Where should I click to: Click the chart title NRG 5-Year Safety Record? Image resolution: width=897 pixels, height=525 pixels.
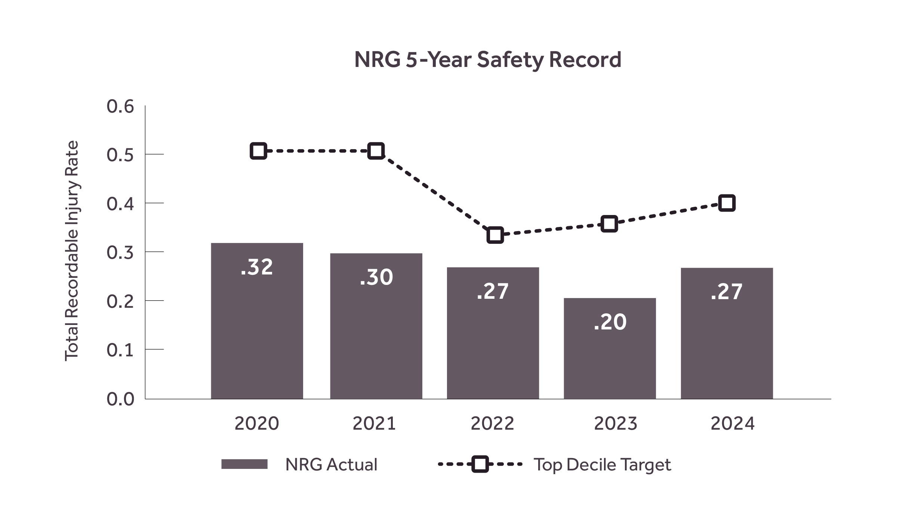coord(487,60)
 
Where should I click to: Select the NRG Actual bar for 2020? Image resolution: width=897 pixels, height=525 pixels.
coord(257,329)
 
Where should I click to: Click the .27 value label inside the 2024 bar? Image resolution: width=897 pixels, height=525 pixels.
coord(726,292)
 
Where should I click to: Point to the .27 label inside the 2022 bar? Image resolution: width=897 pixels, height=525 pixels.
coord(493,291)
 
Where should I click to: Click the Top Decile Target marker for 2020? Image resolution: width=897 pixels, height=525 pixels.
coord(258,151)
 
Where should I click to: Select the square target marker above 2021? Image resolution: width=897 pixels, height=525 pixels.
coord(376,151)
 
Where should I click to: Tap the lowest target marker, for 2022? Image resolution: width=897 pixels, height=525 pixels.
coord(495,235)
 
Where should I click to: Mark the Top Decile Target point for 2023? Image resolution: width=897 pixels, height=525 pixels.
coord(609,224)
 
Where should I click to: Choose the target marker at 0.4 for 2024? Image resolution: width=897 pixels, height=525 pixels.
coord(727,203)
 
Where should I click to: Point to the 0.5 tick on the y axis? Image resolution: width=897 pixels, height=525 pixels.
coord(120,155)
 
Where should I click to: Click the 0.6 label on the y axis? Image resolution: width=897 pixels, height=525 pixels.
coord(120,107)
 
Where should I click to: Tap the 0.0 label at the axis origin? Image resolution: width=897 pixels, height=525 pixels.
coord(120,399)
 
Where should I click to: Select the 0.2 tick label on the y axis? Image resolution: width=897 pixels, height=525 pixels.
coord(120,301)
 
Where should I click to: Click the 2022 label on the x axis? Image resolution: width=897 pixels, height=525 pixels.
coord(492,424)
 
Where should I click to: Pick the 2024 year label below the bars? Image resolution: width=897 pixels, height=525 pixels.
coord(732,424)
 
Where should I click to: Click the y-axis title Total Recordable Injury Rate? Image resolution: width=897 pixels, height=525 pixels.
coord(71,251)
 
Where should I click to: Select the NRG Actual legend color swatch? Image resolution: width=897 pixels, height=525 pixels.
coord(244,464)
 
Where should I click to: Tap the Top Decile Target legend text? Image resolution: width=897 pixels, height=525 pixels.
coord(602,465)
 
